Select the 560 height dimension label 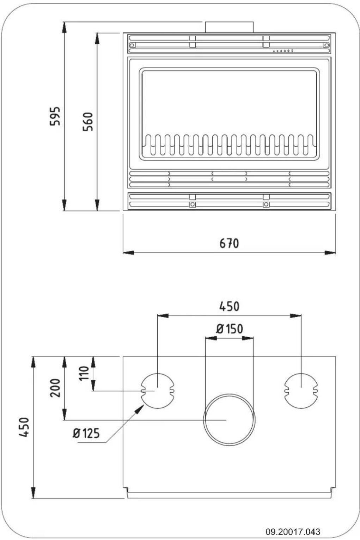tap(88, 122)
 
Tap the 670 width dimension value tap(229, 243)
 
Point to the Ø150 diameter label tap(230, 329)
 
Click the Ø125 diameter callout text tap(86, 433)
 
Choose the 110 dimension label tap(84, 373)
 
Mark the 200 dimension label tap(55, 388)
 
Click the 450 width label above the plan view tap(229, 306)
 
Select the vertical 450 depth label tap(24, 427)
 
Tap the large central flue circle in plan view tap(229, 420)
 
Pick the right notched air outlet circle tap(301, 391)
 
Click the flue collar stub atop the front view tap(229, 27)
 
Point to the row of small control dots tap(283, 51)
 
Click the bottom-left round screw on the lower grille tap(193, 204)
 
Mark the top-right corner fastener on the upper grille tap(326, 45)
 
